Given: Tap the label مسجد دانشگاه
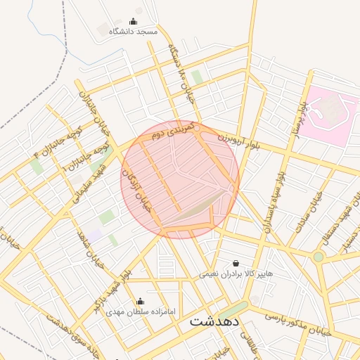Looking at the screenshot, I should pos(134,32).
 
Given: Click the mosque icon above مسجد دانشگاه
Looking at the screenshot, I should pos(134,21).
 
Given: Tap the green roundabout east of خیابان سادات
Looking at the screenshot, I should pos(319,257).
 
